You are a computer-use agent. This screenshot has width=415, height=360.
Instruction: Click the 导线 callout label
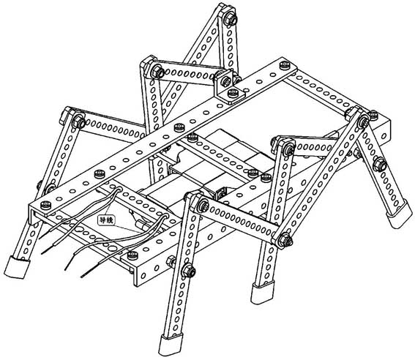point(108,218)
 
